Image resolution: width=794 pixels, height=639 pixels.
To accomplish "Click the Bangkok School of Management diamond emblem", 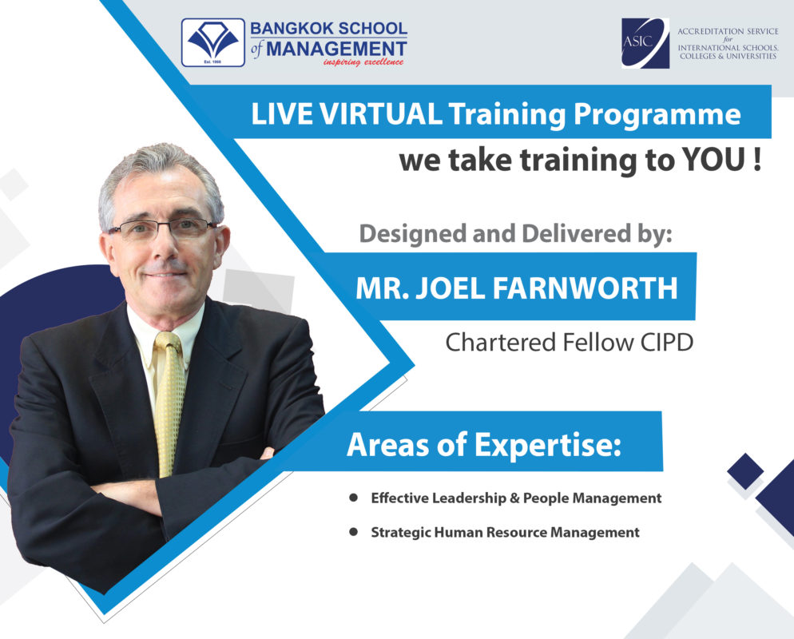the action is pyautogui.click(x=213, y=42).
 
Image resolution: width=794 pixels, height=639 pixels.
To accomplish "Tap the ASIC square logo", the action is pyautogui.click(x=645, y=43).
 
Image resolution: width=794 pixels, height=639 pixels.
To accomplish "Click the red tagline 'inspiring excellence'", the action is pyautogui.click(x=363, y=62).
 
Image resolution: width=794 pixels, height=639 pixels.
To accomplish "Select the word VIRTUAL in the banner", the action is pyautogui.click(x=381, y=113).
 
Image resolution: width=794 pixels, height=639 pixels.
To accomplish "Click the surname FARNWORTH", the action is pyautogui.click(x=585, y=288).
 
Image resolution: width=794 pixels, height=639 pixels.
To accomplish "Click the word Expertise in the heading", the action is pyautogui.click(x=547, y=445).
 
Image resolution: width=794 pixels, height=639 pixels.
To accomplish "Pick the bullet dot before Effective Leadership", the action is pyautogui.click(x=353, y=498).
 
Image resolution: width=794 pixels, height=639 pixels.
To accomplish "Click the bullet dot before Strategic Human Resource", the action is pyautogui.click(x=353, y=532).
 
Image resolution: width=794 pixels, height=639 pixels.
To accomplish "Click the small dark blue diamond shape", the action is pyautogui.click(x=745, y=471).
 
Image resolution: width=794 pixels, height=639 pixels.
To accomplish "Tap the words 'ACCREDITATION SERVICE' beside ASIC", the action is pyautogui.click(x=728, y=31).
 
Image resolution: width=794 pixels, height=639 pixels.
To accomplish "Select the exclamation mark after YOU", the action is pyautogui.click(x=757, y=160).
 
